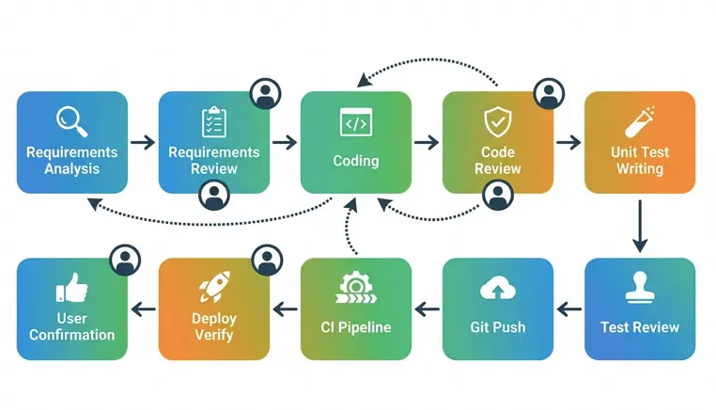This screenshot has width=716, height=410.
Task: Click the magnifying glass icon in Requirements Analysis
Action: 71,121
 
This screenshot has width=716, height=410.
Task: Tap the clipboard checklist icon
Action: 213,122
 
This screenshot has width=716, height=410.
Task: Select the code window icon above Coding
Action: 356,122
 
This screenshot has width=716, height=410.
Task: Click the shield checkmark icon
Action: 498,121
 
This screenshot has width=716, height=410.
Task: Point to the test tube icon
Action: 639,121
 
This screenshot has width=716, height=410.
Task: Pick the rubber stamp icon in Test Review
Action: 639,287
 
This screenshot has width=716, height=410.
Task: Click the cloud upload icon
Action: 498,288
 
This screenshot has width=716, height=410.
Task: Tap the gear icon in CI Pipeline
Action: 356,287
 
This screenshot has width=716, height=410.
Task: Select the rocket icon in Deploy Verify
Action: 214,287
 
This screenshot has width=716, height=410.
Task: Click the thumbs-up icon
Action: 71,288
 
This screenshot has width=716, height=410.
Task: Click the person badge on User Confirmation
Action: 125,260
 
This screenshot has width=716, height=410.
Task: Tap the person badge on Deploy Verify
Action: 267,260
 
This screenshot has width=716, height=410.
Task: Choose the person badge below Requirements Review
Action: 214,196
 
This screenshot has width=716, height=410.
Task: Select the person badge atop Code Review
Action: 549,94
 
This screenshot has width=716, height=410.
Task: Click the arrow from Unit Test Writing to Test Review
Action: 640,226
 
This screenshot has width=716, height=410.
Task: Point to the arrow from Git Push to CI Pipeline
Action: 427,309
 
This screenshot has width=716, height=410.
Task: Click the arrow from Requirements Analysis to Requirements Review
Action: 143,142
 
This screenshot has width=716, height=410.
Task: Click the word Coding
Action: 356,161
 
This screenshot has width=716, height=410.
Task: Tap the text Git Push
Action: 498,327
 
